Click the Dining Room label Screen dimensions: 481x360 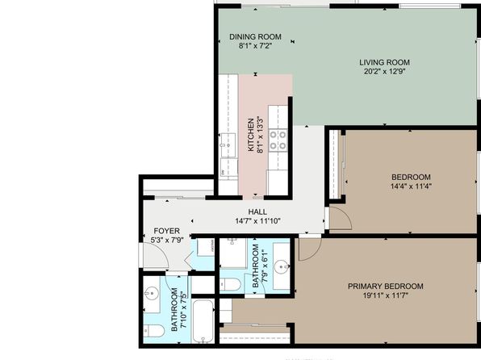point(255,37)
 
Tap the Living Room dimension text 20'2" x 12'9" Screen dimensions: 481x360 point(385,72)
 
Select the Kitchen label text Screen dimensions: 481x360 point(251,135)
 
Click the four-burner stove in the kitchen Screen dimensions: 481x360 point(278,140)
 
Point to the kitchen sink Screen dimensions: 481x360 point(228,145)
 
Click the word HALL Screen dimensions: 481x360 point(257,211)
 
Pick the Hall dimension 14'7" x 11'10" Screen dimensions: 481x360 point(257,221)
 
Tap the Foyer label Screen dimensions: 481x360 point(166,231)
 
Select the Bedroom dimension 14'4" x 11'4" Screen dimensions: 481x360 point(411,186)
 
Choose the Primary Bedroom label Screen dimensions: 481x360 point(385,287)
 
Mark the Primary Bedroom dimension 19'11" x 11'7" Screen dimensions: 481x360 point(385,296)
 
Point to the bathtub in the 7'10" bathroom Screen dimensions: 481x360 point(203,321)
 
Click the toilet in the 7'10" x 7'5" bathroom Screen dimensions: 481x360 point(153,330)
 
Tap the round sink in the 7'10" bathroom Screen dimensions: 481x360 point(152,293)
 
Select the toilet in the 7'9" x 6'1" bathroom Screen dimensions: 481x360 point(230,284)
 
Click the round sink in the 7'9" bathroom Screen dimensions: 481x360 point(282,266)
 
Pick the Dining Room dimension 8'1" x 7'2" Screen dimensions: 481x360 point(255,46)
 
